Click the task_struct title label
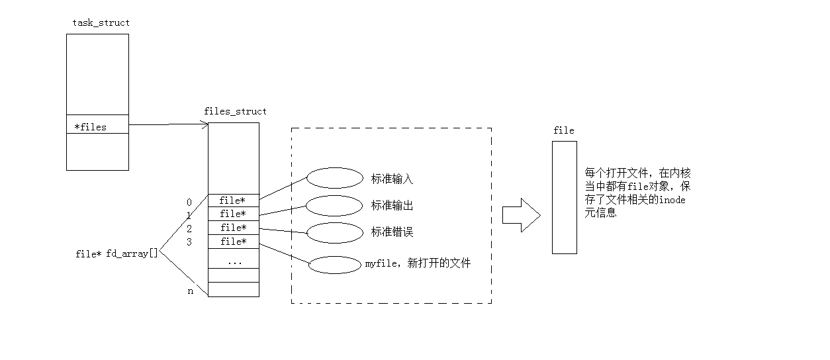coord(101,22)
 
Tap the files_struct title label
coord(235,111)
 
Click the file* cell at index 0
coord(233,201)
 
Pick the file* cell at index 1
coord(233,214)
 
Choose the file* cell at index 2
coord(233,228)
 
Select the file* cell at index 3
coord(233,242)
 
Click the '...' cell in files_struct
coord(234,262)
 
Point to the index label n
coord(191,291)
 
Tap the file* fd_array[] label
coord(117,253)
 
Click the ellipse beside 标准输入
coord(335,178)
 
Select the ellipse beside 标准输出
coord(335,206)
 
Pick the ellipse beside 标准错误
coord(335,233)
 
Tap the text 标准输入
coord(392,179)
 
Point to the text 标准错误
coord(392,232)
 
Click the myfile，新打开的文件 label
coord(418,263)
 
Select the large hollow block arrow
coord(520,215)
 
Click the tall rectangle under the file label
coord(564,197)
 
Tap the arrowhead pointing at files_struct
coord(205,124)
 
